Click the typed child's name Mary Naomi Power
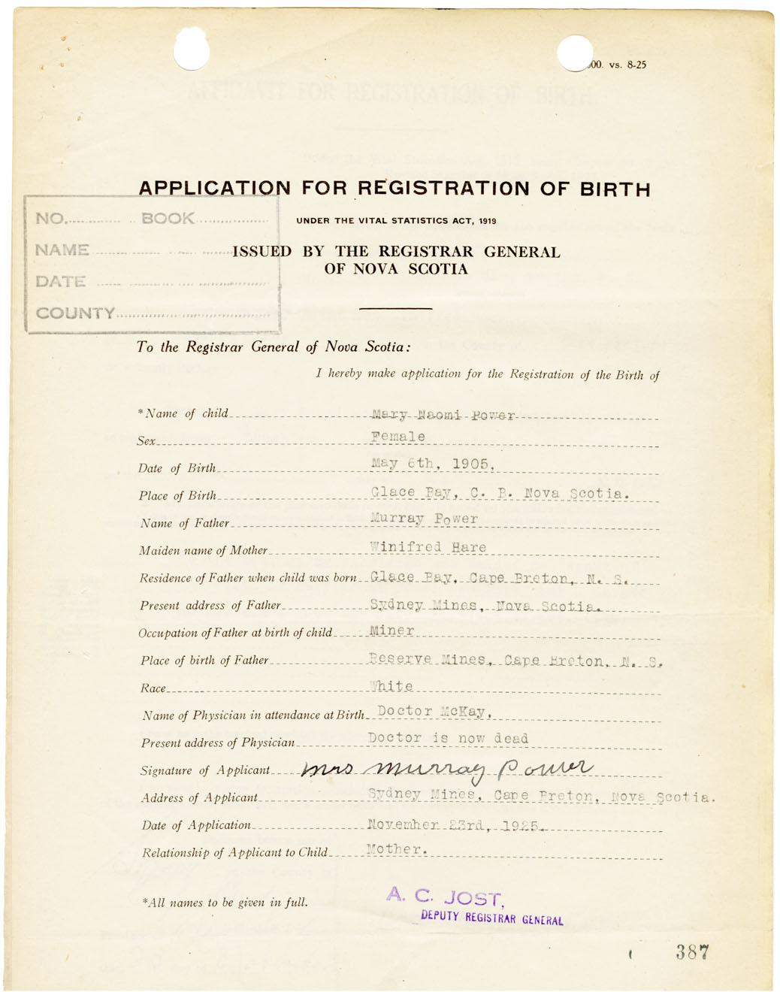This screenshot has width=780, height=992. pos(443,415)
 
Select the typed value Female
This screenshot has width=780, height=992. pos(398,437)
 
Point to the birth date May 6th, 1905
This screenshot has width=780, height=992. pos(433,464)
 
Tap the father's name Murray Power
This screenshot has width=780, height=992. pos(425,519)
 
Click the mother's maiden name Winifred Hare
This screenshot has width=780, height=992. pos(428,547)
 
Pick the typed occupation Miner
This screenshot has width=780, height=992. pos(392,631)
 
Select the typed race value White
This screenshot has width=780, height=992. pos(392,686)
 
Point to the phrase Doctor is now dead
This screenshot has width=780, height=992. pos(448,738)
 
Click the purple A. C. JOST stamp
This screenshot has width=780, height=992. pos(444,897)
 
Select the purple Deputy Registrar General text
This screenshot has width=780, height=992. pos(491,918)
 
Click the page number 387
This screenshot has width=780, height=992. pos(692,952)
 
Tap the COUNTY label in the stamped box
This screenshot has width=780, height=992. pos(75,313)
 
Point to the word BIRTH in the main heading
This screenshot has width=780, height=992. pos(615,189)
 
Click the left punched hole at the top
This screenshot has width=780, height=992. pos(192,50)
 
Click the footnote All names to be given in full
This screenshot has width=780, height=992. pos(225,903)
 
